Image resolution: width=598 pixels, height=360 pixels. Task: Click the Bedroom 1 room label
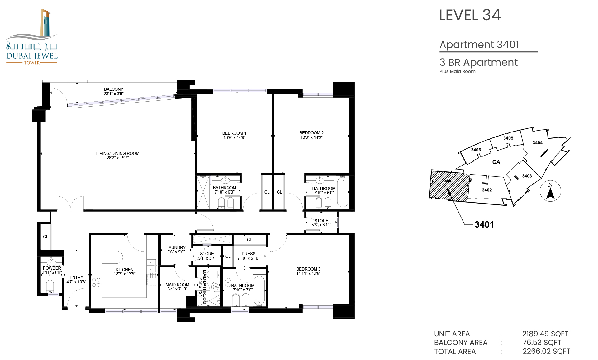pos(234,133)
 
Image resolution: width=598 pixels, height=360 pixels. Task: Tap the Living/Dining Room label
pos(118,153)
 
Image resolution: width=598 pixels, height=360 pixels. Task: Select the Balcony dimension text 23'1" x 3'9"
pos(114,94)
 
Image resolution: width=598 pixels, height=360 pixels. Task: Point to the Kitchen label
pos(125,270)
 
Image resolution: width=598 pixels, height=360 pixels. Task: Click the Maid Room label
pos(177,285)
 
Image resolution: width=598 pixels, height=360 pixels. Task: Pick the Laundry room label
pos(176,247)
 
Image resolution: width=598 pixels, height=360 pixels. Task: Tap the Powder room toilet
pos(50,286)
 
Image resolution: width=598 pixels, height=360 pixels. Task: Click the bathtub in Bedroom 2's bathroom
pos(343,191)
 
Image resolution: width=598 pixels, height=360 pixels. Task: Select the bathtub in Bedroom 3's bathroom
pos(259,290)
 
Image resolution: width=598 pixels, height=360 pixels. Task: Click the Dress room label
pos(249,254)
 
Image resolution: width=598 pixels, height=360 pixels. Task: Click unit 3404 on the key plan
pos(538,143)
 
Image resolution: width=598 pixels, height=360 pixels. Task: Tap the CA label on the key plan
pos(496,162)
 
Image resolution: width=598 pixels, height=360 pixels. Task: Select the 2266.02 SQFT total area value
pos(546,351)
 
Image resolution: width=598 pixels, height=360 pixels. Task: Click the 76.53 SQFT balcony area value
pos(542,343)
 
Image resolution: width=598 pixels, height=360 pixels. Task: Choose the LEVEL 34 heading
pos(470,15)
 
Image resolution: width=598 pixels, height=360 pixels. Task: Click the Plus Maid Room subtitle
pos(458,71)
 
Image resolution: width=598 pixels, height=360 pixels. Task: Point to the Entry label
pos(76,277)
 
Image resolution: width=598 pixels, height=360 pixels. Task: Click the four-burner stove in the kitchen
pos(96,282)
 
